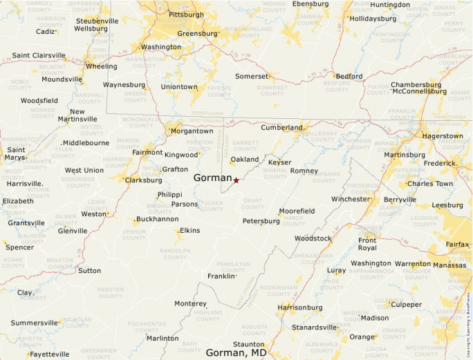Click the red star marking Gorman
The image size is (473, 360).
(236, 180)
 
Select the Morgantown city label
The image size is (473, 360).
(192, 131)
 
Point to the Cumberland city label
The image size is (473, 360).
(281, 128)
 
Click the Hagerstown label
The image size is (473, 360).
(442, 136)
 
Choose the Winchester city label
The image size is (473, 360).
(351, 199)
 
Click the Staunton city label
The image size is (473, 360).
(248, 344)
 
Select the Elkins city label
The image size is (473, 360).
(189, 230)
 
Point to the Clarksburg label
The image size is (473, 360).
(144, 180)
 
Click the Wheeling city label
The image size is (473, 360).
(101, 66)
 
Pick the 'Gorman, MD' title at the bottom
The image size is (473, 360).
(236, 353)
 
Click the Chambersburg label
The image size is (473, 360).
(416, 85)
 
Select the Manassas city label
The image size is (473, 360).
(449, 265)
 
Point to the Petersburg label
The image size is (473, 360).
(261, 221)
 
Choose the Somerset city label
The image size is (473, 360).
(250, 76)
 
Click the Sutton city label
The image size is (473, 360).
(89, 270)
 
